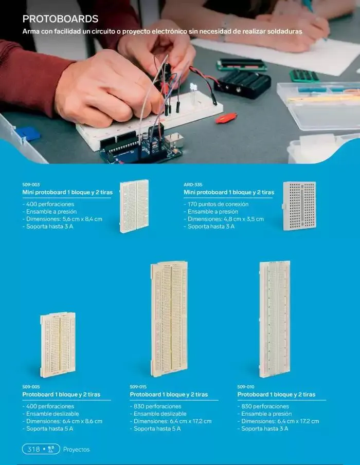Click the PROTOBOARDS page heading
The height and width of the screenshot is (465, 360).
point(60,19)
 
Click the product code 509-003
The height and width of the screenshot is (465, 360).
point(31,184)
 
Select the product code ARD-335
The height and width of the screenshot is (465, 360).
point(193,184)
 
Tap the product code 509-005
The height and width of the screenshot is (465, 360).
point(31,387)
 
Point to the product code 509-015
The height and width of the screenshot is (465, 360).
point(138,387)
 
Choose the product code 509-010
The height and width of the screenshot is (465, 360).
point(246,387)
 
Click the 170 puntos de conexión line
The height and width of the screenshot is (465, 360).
point(216,204)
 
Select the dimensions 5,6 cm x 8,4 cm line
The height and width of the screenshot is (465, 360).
point(62,219)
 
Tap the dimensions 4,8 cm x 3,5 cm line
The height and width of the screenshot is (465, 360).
point(224,219)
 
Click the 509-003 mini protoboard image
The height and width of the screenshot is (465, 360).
point(134,206)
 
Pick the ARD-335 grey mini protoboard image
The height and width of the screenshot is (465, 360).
point(299,206)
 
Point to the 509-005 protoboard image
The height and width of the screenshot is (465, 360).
point(58,345)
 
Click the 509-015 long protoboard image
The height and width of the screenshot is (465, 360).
point(169,319)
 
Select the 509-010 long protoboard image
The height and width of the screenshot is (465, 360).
point(275,319)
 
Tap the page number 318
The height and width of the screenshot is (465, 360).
point(33,449)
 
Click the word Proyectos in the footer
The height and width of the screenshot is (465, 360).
point(76,450)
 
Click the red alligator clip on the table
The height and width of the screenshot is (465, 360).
point(226,118)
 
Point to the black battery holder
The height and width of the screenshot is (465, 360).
point(243,84)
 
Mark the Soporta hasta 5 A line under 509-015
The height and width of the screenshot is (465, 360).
point(155,429)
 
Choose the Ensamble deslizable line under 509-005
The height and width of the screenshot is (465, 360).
point(51,414)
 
